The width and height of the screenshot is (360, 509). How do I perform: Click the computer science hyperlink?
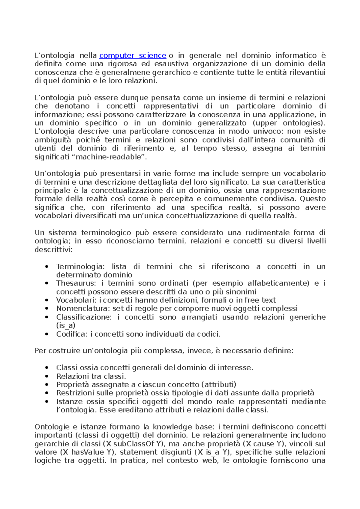pos(133,55)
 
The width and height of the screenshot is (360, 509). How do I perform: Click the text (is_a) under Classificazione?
pos(66,326)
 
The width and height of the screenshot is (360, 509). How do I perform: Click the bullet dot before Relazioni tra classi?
pos(46,376)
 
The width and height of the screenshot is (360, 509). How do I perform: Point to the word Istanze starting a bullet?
pos(69,402)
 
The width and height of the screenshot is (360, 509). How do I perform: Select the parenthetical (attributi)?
pos(219,385)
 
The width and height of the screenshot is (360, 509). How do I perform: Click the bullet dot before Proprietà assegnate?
pos(46,385)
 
